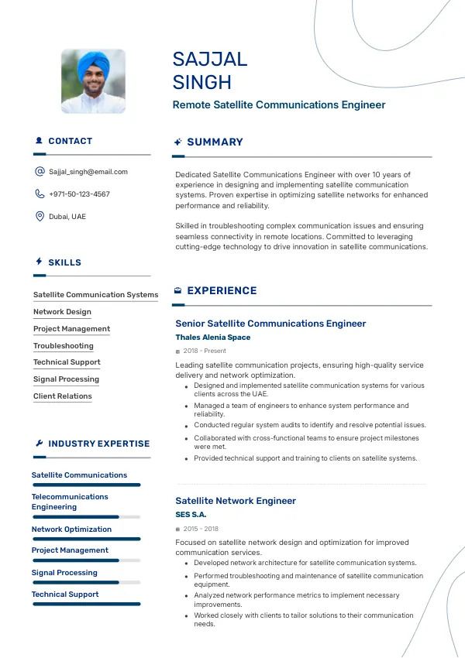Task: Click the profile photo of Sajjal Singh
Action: [93, 81]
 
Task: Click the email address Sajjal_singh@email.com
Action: [88, 172]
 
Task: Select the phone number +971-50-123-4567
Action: [79, 194]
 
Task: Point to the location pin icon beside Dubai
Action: [40, 217]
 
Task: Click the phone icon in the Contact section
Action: [40, 194]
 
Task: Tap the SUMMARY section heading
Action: [215, 142]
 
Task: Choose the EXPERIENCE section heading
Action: [222, 291]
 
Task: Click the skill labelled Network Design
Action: [62, 312]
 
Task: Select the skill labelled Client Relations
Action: [62, 396]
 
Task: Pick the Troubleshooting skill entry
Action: [64, 346]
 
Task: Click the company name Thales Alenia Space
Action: [213, 338]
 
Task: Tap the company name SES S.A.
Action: [191, 515]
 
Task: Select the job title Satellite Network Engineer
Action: [236, 501]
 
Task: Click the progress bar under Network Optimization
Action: [86, 539]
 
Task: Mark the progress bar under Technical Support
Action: [86, 604]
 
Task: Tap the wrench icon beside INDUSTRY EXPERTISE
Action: [40, 444]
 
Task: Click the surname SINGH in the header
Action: [201, 82]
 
